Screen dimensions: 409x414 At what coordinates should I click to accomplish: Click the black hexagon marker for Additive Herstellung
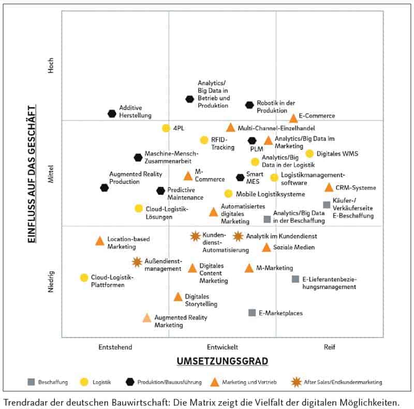(112, 114)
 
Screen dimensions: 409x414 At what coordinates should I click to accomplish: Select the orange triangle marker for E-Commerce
(293, 118)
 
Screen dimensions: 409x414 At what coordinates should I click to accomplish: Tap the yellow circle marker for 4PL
(166, 128)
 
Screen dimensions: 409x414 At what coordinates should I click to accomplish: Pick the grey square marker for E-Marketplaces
(252, 313)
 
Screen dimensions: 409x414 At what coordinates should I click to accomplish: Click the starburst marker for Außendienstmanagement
(137, 262)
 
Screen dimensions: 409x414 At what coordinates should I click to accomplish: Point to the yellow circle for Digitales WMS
(309, 154)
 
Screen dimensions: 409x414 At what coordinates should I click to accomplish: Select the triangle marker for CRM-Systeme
(329, 188)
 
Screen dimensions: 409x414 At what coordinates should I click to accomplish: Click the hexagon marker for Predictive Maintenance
(161, 191)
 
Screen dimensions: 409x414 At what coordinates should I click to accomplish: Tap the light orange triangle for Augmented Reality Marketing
(147, 318)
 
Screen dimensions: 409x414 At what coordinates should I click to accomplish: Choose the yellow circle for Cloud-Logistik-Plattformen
(84, 278)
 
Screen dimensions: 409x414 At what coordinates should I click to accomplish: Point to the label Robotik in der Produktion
(276, 107)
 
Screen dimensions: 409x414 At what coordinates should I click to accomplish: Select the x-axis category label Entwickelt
(223, 346)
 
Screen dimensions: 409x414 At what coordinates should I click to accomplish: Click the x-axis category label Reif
(330, 346)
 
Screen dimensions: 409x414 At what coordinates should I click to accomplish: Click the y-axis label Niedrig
(51, 282)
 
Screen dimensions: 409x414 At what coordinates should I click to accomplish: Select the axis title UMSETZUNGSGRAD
(223, 360)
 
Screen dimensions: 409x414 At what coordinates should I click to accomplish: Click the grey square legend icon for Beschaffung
(31, 382)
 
